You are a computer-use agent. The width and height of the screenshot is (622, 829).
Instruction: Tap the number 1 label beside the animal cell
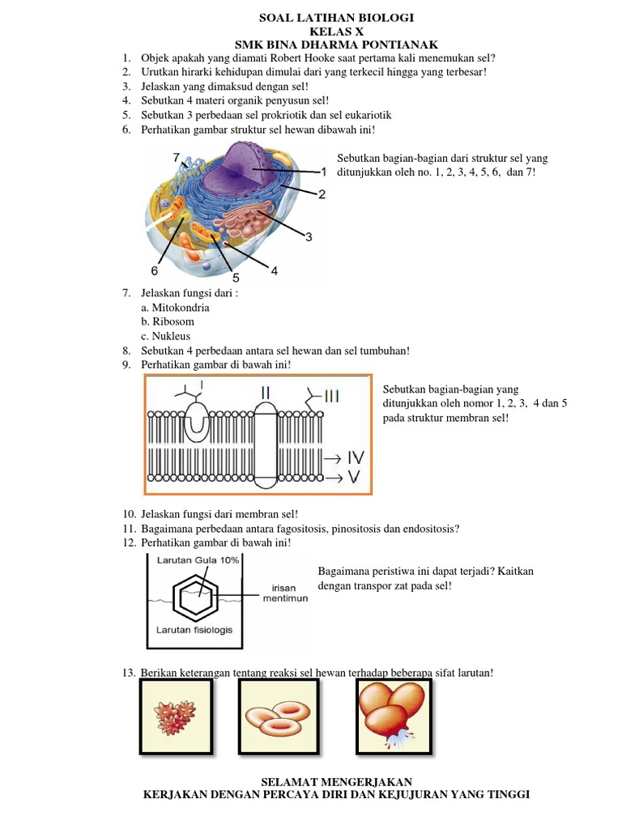[324, 172]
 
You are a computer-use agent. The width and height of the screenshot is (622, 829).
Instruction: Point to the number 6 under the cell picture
[154, 270]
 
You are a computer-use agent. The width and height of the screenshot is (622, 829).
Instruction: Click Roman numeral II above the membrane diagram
[265, 393]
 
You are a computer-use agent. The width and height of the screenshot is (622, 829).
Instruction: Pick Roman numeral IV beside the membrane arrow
[356, 457]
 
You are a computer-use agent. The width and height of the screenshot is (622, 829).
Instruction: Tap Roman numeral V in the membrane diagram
[355, 476]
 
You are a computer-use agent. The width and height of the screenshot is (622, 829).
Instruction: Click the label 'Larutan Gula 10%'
[187, 559]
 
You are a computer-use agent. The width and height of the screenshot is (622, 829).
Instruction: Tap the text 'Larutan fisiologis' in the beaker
[194, 630]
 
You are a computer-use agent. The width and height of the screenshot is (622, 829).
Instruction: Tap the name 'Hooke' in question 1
[317, 58]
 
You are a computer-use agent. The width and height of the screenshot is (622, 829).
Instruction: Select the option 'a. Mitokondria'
[175, 308]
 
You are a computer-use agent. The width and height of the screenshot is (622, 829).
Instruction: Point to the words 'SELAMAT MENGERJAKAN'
[336, 781]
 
